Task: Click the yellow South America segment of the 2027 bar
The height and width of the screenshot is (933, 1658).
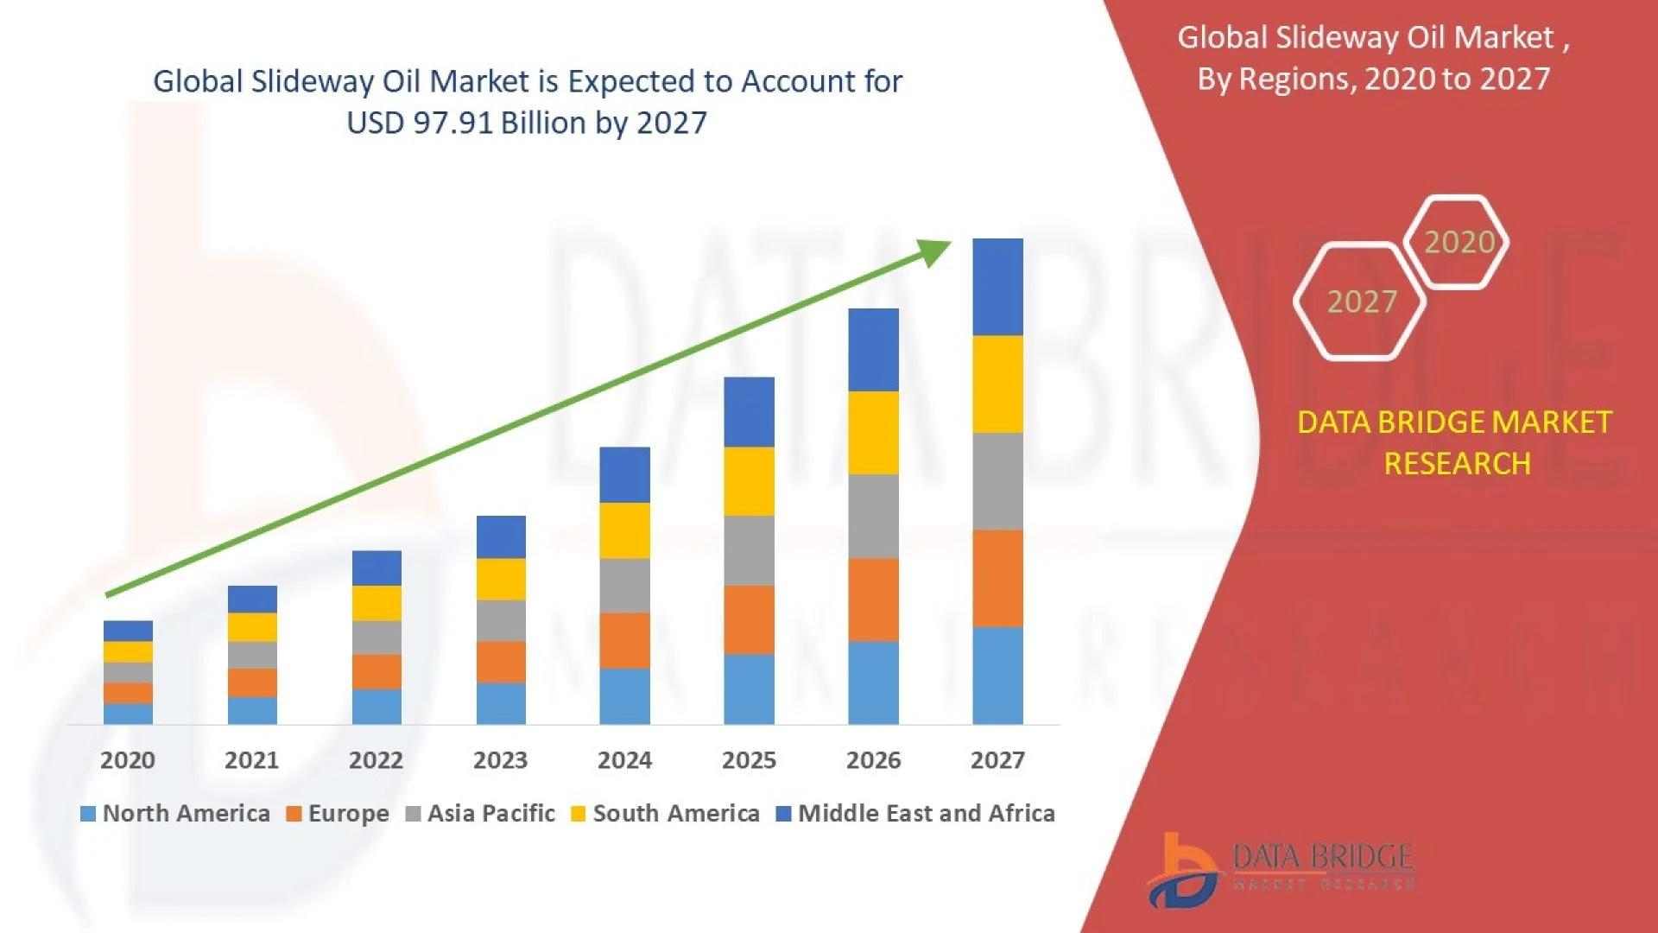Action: pyautogui.click(x=997, y=384)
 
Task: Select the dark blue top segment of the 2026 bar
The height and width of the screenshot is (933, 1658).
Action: pyautogui.click(x=873, y=350)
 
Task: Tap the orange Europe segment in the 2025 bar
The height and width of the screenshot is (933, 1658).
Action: pyautogui.click(x=749, y=619)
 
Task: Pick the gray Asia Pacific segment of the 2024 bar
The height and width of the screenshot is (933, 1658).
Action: pyautogui.click(x=624, y=586)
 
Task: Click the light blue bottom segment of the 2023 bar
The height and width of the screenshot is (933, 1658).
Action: pyautogui.click(x=501, y=703)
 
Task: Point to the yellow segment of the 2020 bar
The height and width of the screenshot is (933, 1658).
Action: pyautogui.click(x=128, y=651)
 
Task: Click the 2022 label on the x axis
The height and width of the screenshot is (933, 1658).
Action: pyautogui.click(x=376, y=760)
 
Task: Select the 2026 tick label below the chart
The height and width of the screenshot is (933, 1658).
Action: pyautogui.click(x=873, y=760)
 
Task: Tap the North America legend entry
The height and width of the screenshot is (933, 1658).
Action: pyautogui.click(x=185, y=814)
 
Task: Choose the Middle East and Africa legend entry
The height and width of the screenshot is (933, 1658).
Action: pyautogui.click(x=926, y=814)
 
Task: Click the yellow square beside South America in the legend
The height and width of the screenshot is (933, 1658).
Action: pyautogui.click(x=579, y=814)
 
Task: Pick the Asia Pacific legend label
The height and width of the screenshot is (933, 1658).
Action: pyautogui.click(x=490, y=814)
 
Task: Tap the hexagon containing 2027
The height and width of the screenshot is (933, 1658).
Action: pyautogui.click(x=1361, y=301)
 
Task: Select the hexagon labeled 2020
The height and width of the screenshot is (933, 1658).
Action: pyautogui.click(x=1458, y=242)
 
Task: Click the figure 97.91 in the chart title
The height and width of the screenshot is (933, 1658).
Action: pyautogui.click(x=452, y=124)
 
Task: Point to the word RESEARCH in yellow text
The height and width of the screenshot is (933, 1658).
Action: pyautogui.click(x=1457, y=464)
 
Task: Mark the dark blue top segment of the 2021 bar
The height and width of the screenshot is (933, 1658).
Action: pyautogui.click(x=252, y=599)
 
